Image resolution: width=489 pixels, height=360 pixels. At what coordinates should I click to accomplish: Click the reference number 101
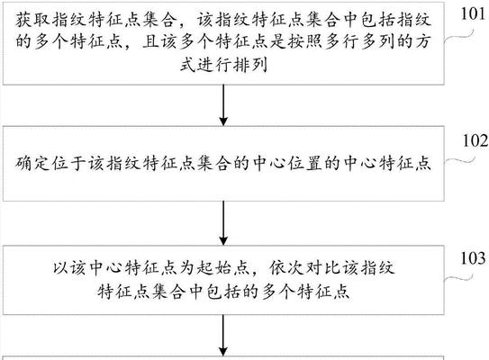click(475, 13)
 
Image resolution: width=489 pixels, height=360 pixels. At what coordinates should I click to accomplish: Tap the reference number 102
click(475, 140)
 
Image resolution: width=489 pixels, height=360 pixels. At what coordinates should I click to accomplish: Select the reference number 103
click(475, 258)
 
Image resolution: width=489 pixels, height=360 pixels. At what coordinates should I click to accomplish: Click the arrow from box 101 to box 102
click(223, 105)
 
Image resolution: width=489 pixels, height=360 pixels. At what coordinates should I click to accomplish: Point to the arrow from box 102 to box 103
click(223, 223)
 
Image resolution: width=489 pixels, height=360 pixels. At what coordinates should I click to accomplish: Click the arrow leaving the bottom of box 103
click(223, 335)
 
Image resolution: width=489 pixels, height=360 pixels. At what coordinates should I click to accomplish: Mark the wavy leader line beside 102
click(459, 160)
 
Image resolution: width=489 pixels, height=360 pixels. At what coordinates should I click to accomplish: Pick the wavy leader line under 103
click(459, 278)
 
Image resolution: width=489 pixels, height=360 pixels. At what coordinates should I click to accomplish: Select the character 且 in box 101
click(151, 41)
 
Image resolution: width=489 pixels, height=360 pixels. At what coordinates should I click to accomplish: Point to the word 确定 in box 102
click(33, 163)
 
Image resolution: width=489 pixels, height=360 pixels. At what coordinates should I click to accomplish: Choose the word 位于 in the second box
click(69, 163)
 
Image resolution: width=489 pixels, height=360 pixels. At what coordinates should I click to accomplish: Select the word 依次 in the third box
click(287, 268)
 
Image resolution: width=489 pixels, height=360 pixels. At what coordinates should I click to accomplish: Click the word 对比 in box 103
click(323, 268)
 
